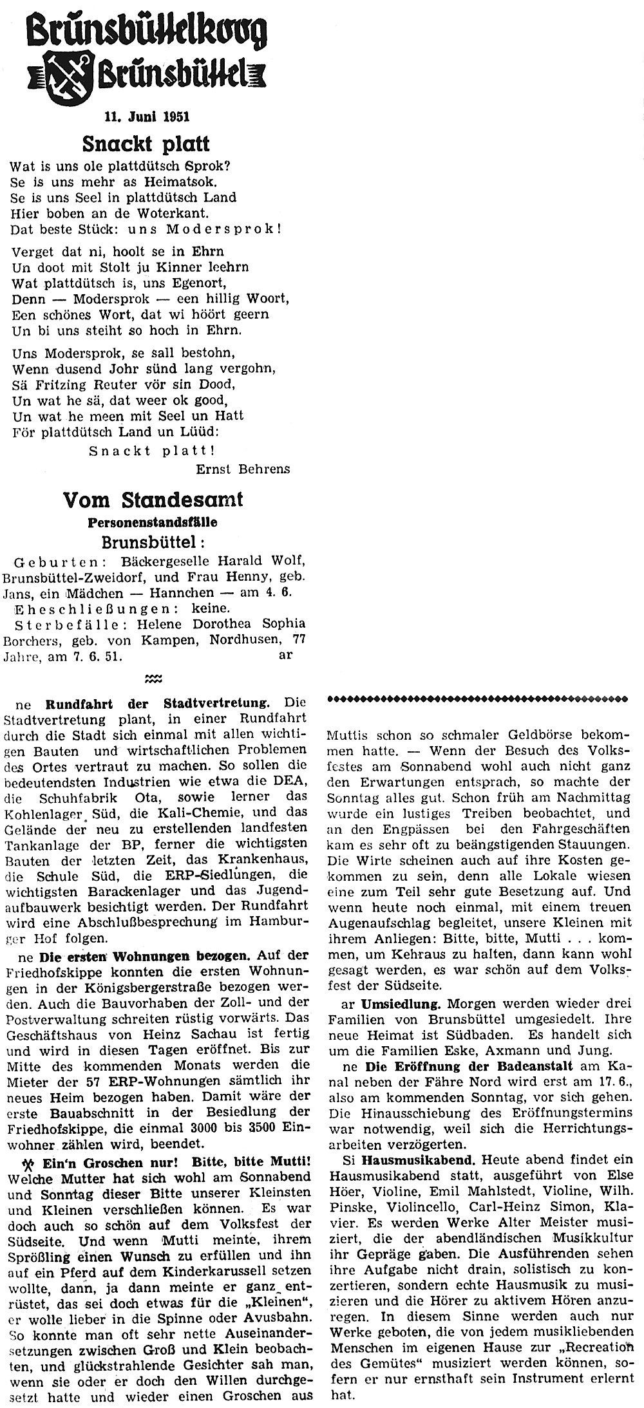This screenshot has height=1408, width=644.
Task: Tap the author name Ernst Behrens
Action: point(243,469)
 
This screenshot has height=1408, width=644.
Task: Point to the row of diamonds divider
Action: point(478,697)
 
